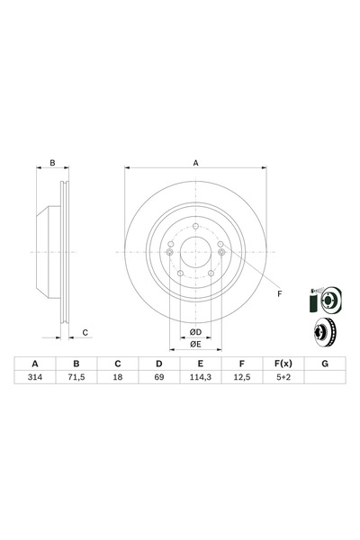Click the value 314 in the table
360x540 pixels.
pyautogui.click(x=35, y=379)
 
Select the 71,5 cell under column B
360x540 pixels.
pyautogui.click(x=76, y=379)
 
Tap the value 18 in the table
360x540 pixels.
pyautogui.click(x=117, y=379)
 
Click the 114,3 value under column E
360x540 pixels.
pyautogui.click(x=199, y=379)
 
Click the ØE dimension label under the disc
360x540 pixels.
pyautogui.click(x=194, y=345)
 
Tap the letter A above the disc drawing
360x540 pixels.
pyautogui.click(x=194, y=163)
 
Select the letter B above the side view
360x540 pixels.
pyautogui.click(x=53, y=163)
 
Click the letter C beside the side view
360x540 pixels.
pyautogui.click(x=85, y=333)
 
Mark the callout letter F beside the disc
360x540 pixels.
pyautogui.click(x=279, y=294)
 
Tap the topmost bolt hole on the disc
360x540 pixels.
pyautogui.click(x=194, y=225)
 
